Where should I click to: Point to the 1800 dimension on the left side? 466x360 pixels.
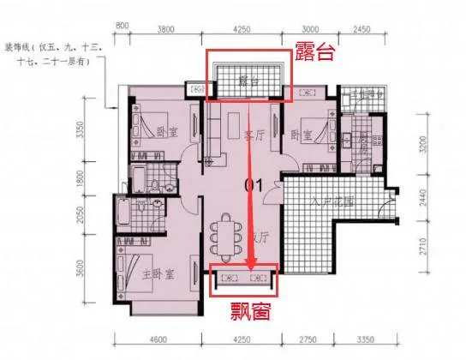pos(103,180)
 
